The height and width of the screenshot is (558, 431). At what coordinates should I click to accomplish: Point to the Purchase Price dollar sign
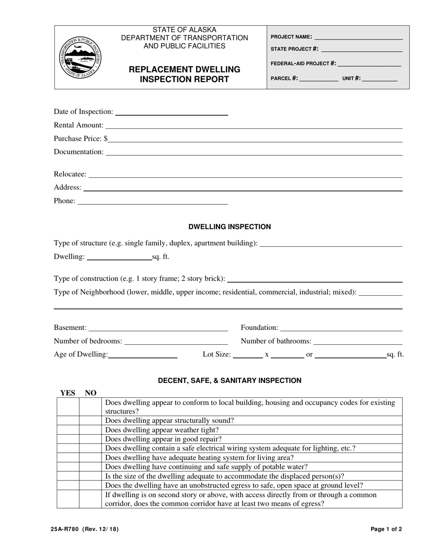106,139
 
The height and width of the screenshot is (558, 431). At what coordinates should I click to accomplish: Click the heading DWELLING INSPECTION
230,227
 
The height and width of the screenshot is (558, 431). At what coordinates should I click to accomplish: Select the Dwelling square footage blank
119,257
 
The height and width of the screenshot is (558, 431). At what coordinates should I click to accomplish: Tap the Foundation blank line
341,328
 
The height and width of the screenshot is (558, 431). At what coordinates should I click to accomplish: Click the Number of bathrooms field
358,341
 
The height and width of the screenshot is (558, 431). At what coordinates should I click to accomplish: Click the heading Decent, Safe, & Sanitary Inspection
230,381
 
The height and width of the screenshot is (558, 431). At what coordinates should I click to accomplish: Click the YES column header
68,393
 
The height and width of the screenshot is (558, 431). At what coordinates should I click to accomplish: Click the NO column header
91,393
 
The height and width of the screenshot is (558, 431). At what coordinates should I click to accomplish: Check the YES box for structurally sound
68,421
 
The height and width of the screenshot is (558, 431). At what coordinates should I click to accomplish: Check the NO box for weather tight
90,430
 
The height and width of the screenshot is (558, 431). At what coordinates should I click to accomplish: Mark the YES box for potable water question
68,467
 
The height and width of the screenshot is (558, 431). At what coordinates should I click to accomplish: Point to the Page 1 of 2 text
386,529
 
